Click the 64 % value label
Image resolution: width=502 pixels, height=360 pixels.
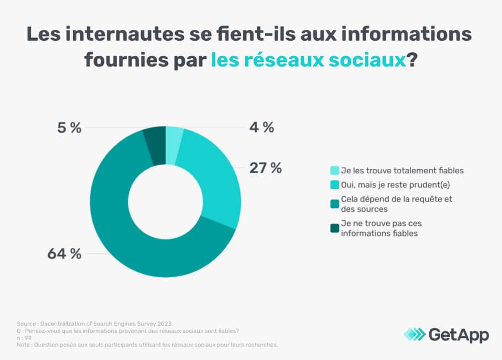64,254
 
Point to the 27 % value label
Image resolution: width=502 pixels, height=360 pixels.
266,168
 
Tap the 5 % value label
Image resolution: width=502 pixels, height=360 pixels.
69,128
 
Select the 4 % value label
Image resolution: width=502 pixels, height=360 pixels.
262,128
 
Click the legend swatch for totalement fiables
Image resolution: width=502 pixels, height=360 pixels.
335,170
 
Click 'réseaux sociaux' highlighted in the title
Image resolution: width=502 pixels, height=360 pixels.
307,60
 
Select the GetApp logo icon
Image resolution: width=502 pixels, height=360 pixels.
414,334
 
